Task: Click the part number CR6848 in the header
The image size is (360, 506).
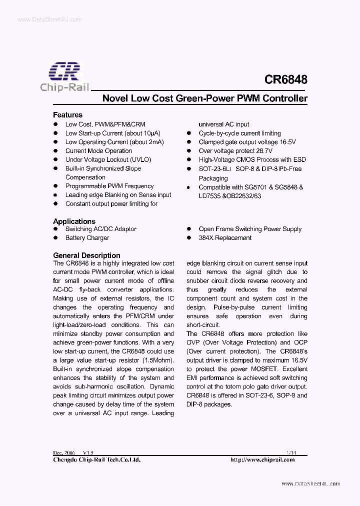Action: click(285, 79)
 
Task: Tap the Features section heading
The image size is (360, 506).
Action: click(67, 114)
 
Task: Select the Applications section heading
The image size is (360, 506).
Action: click(74, 221)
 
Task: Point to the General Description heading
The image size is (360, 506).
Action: click(86, 255)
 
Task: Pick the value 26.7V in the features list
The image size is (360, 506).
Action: click(263, 150)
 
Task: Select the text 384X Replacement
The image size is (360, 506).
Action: click(224, 238)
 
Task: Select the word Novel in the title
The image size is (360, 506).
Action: click(114, 98)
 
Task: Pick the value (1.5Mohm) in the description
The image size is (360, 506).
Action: click(157, 360)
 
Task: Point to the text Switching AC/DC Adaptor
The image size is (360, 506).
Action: click(101, 229)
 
